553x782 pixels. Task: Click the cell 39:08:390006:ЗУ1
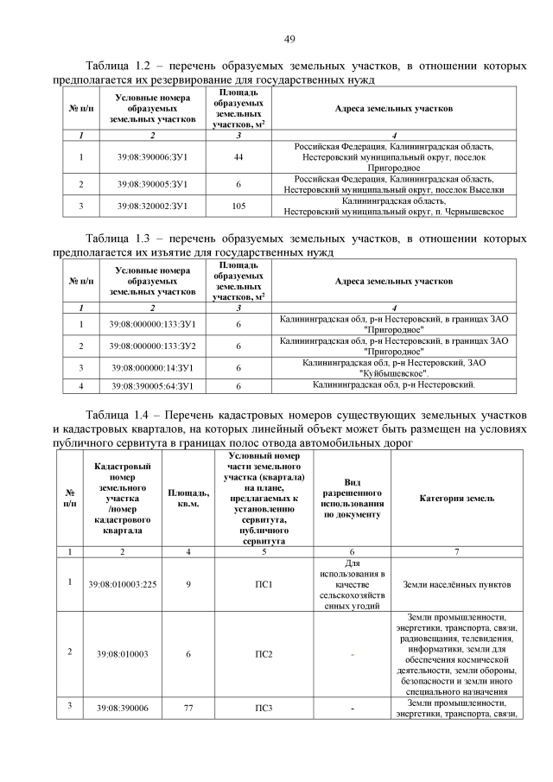click(152, 157)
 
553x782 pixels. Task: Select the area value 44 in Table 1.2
click(238, 157)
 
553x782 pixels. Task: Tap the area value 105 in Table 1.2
click(238, 207)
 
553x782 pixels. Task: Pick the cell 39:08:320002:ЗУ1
click(152, 207)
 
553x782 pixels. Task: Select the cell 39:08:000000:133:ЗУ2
click(152, 346)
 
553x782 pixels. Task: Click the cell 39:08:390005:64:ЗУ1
click(152, 385)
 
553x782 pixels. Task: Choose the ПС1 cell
click(264, 584)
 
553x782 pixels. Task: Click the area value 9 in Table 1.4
click(183, 584)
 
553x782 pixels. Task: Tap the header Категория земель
click(457, 499)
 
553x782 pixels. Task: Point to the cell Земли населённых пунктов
click(457, 584)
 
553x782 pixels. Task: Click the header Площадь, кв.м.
click(183, 499)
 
